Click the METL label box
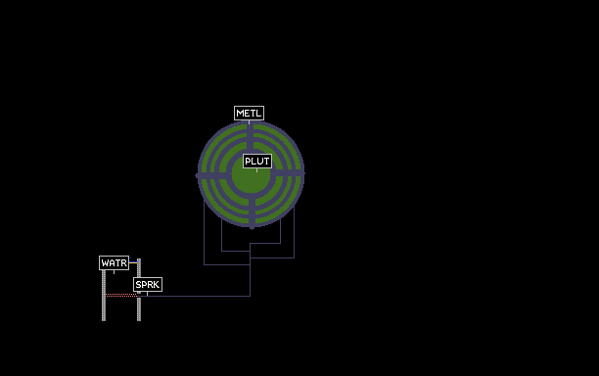tap(249, 114)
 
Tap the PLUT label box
tap(257, 162)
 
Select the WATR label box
tap(114, 262)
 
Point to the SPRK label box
tap(148, 285)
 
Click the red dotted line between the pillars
tap(121, 295)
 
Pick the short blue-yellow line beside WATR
tap(133, 262)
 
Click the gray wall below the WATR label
tap(104, 296)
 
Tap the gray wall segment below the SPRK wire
tap(139, 309)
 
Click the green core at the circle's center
tap(251, 177)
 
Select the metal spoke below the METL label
tap(250, 136)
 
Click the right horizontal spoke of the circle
tap(288, 173)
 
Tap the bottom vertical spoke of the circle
tap(253, 213)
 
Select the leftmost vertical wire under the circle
tap(204, 233)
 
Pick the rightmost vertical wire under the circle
tap(295, 233)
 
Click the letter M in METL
tap(240, 114)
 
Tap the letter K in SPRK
tap(157, 285)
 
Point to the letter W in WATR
tap(105, 263)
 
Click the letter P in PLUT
tap(248, 162)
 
